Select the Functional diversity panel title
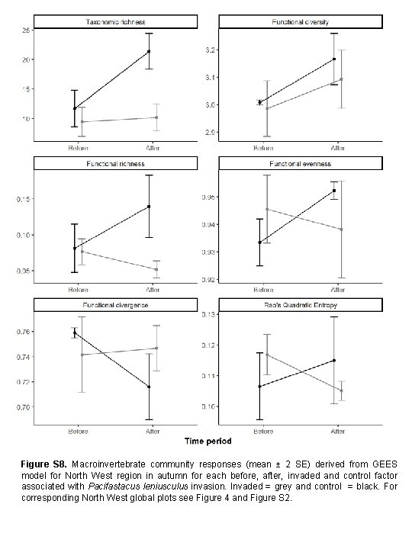pyautogui.click(x=300, y=21)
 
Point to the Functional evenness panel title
pyautogui.click(x=300, y=164)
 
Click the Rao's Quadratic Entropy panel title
pyautogui.click(x=300, y=304)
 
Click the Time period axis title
pyautogui.click(x=207, y=440)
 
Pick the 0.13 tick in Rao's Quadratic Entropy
pyautogui.click(x=211, y=314)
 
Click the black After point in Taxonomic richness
pyautogui.click(x=150, y=51)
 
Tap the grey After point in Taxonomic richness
pyautogui.click(x=156, y=117)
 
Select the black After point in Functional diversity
pyautogui.click(x=334, y=59)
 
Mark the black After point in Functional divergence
pyautogui.click(x=150, y=387)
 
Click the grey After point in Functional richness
pyautogui.click(x=156, y=269)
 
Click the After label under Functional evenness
pyautogui.click(x=337, y=290)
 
